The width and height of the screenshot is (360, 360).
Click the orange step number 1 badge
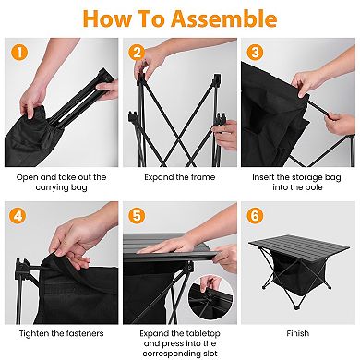pos(16,52)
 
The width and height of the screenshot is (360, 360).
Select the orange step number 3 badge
pos(254,52)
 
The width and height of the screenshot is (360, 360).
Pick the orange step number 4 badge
pos(16,217)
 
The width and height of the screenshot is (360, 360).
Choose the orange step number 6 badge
pos(254,217)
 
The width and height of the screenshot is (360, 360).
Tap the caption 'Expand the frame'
pos(179,176)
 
